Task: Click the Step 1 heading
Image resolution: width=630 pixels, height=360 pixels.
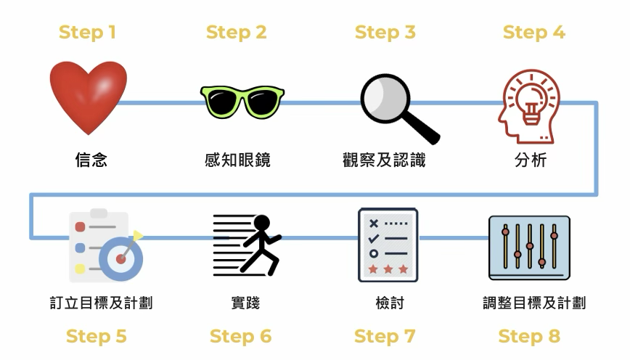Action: [87, 33]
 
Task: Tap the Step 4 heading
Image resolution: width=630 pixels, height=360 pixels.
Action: [534, 33]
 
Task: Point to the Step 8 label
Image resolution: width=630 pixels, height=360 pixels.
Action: [529, 337]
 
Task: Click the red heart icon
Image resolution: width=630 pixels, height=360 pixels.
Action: [89, 97]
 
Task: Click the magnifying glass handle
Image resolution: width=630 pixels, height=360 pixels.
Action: [420, 127]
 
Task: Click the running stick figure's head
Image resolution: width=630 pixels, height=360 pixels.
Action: [261, 223]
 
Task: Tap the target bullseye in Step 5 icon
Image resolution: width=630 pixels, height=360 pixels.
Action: [121, 258]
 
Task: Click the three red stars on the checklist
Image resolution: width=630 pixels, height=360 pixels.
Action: [388, 270]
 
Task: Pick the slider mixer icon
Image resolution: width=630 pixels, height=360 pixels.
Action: [529, 247]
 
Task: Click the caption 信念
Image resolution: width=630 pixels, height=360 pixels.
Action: [91, 160]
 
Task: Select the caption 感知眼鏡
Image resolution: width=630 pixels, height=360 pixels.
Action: [238, 160]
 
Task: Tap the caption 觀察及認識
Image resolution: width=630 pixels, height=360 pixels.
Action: [384, 160]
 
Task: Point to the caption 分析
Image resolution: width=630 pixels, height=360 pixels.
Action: [530, 160]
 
